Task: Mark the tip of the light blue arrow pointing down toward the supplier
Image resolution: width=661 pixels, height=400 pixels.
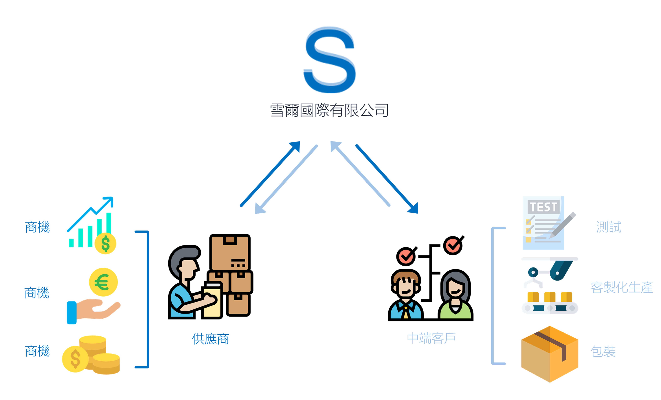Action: [255, 214]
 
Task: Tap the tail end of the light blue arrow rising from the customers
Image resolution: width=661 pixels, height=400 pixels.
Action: [389, 205]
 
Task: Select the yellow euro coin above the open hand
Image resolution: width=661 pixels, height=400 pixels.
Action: [103, 282]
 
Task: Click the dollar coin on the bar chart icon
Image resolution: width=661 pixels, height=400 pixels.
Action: [105, 243]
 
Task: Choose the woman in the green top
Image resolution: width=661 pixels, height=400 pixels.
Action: [455, 295]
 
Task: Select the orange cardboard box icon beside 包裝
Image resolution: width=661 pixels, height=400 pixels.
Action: [550, 354]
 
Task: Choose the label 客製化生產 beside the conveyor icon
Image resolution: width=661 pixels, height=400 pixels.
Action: [622, 287]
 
